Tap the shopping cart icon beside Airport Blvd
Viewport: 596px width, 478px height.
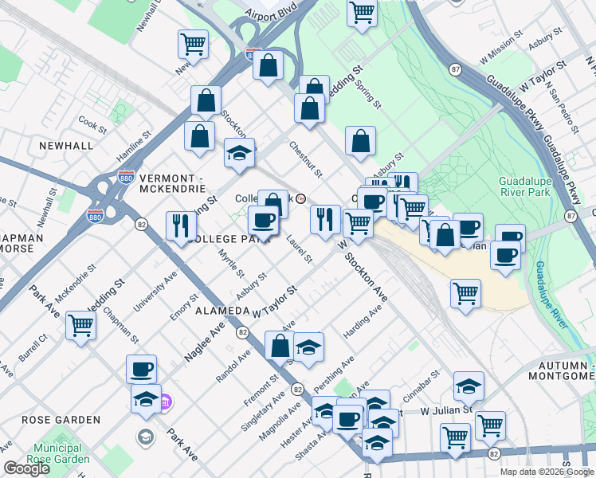[x=362, y=13]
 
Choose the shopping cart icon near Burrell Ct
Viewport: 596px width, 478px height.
[x=80, y=325]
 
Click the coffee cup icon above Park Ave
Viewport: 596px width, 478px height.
[x=141, y=369]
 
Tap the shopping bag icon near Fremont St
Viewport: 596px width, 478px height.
[x=280, y=346]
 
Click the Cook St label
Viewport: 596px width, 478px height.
[x=92, y=125]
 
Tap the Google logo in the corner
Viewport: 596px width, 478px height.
[x=26, y=468]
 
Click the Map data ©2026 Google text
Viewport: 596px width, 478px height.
[x=547, y=472]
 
